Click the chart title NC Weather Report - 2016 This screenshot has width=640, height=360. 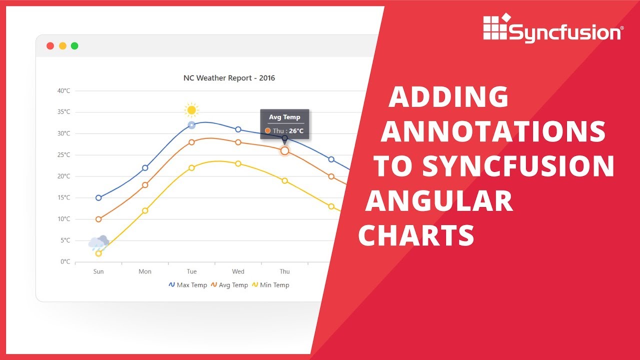(229, 78)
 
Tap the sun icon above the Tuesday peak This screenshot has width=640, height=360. (191, 110)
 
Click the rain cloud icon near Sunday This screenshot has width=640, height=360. (98, 242)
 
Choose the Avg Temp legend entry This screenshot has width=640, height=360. (229, 285)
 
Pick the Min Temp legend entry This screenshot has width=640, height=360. (270, 285)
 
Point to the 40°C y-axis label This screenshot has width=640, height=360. (63, 91)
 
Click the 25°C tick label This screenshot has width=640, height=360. (63, 155)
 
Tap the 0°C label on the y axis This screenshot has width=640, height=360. (65, 261)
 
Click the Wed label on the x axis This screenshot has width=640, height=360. (238, 271)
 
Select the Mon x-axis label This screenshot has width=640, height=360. (145, 271)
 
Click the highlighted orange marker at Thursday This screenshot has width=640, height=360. (284, 150)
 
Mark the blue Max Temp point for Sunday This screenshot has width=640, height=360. (98, 197)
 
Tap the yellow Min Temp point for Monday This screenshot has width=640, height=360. (145, 210)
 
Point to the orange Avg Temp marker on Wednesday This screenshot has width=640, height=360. (238, 142)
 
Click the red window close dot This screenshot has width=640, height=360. (50, 46)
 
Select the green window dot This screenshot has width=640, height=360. (74, 46)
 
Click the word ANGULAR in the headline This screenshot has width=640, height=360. (439, 202)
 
